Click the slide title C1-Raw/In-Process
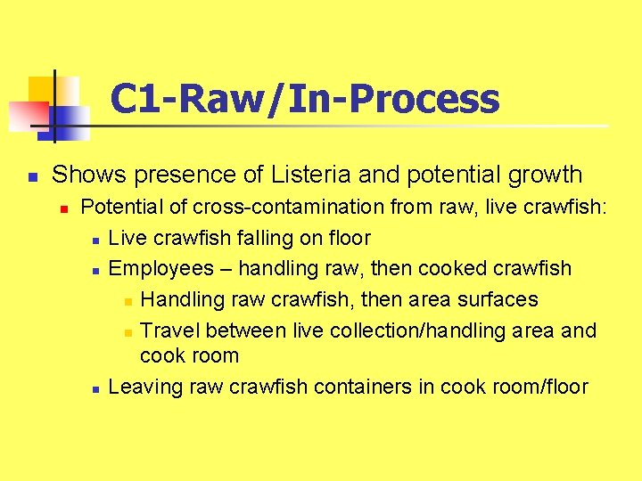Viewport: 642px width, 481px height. [304, 99]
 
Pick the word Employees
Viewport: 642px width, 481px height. [161, 268]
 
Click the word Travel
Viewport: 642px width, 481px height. [170, 330]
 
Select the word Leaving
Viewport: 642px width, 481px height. [144, 387]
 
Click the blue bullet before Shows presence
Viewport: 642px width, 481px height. [30, 176]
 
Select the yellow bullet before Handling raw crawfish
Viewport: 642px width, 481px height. [128, 301]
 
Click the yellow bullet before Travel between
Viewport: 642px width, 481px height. [128, 332]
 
